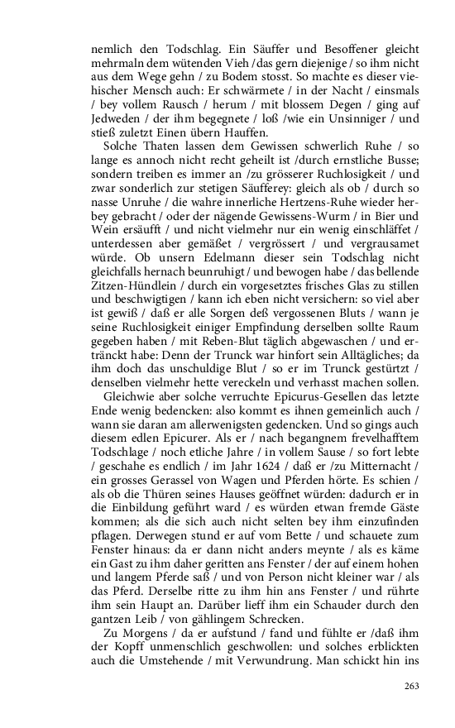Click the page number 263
[412, 686]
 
